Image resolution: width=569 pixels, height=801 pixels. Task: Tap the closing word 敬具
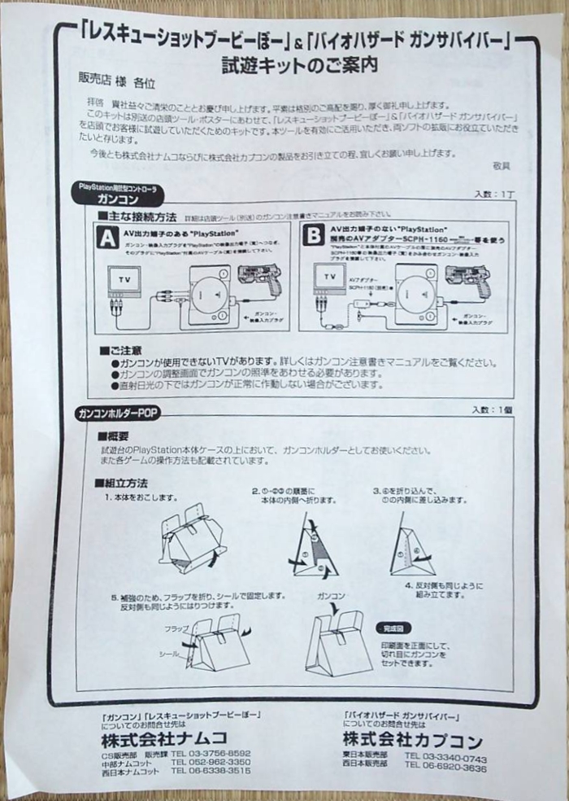click(x=502, y=165)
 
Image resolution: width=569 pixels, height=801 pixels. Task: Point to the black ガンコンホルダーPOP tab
click(x=117, y=414)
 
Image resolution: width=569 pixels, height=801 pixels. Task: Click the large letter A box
click(x=107, y=237)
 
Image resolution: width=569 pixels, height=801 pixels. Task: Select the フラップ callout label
click(x=176, y=630)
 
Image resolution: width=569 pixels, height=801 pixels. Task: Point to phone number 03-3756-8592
click(x=211, y=754)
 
